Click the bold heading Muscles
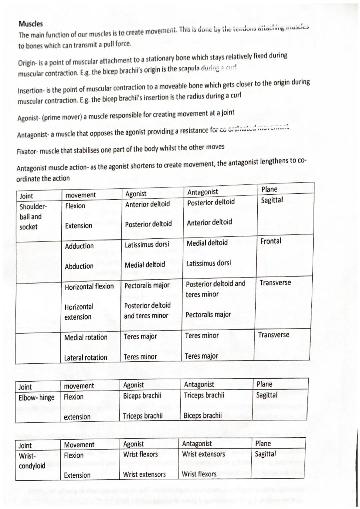[x=31, y=24]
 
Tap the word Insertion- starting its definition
[x=30, y=90]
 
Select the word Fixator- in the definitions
[x=28, y=152]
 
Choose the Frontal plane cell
[x=271, y=241]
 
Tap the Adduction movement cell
[x=79, y=246]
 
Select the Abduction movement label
[x=79, y=266]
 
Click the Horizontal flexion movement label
[x=89, y=286]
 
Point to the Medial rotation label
[x=86, y=337]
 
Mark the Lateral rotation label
[x=86, y=358]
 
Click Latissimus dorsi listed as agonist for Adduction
[x=147, y=245]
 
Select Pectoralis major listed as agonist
[x=147, y=285]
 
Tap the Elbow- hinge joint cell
[x=36, y=398]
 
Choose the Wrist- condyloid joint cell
[x=32, y=461]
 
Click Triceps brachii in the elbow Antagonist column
[x=204, y=395]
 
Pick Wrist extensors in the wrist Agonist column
[x=144, y=474]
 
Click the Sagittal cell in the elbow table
[x=267, y=395]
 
